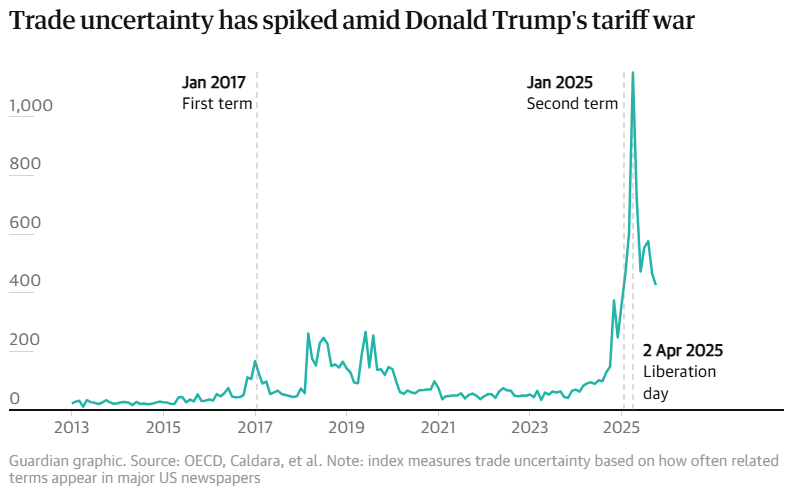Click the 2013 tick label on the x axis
(72, 428)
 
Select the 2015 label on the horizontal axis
(163, 428)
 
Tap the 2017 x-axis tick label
(256, 428)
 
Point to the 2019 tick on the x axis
(347, 428)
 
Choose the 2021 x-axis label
(439, 428)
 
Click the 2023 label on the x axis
(530, 428)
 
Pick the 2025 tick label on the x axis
(622, 428)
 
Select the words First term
(216, 104)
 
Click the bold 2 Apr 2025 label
(683, 351)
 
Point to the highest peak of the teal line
(632, 72)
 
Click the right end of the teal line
(656, 285)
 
